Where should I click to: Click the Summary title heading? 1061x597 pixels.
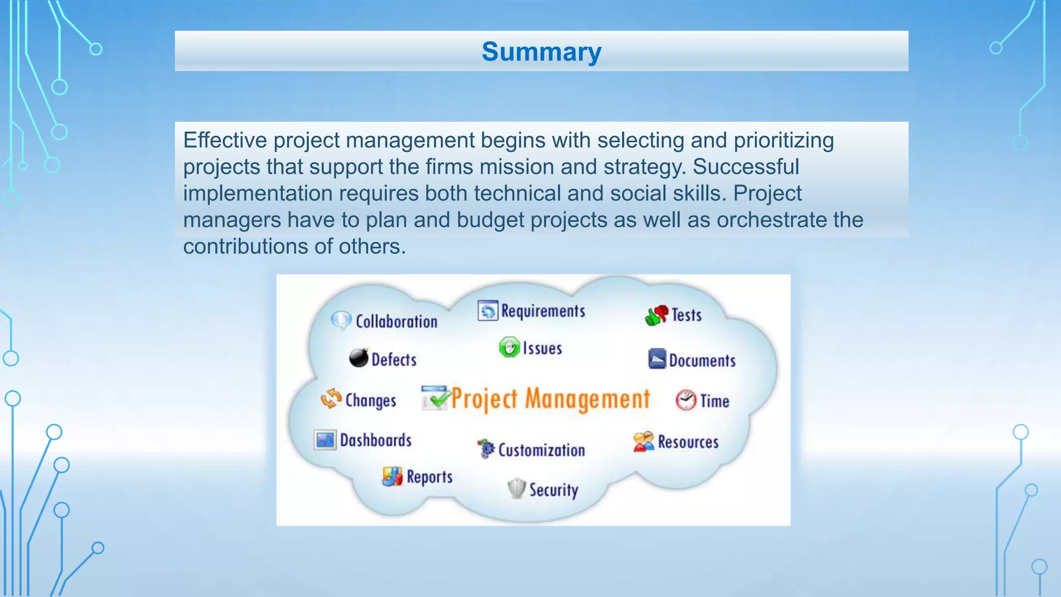pos(541,52)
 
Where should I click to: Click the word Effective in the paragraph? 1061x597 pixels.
pos(225,140)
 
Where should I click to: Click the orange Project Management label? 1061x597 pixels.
pos(550,399)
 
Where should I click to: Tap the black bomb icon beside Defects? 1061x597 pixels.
pos(359,358)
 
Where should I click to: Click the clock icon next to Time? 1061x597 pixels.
pos(686,400)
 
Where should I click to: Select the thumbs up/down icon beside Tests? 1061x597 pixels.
pos(656,315)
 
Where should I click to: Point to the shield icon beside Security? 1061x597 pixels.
pos(517,488)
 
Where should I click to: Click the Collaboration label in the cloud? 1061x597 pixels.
pos(396,321)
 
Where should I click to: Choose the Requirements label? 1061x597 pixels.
pos(543,311)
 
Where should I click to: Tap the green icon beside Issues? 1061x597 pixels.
pos(509,347)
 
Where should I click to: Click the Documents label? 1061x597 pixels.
pos(702,361)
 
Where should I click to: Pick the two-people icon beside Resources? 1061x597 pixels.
pos(643,442)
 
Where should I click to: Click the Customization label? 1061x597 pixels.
pos(541,450)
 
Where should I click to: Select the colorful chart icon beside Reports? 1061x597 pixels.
pos(392,476)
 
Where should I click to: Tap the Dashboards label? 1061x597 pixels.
pos(376,440)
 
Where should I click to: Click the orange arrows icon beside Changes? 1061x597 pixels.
pos(331,399)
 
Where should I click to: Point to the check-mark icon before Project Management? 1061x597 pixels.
pos(434,398)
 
